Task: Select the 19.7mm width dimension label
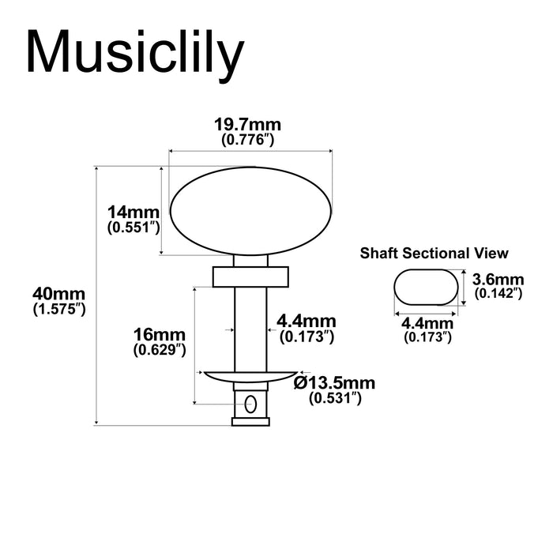248,125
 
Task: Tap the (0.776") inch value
248,140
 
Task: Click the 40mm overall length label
58,294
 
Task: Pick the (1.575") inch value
58,310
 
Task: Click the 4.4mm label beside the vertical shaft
307,322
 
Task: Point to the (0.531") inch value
335,398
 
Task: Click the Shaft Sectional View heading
434,254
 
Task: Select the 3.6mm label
498,279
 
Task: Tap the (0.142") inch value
498,293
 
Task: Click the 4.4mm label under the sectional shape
427,323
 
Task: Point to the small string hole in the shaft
250,404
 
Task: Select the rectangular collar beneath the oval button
250,276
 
